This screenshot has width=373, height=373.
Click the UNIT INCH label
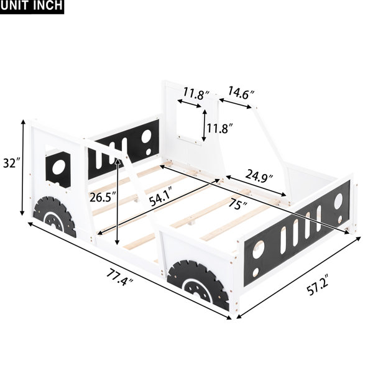coord(32,6)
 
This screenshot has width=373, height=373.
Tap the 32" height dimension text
coord(10,163)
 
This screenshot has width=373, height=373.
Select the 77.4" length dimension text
coord(119,277)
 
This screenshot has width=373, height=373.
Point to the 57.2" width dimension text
coord(317,285)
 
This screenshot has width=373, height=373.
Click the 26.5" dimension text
coord(103,197)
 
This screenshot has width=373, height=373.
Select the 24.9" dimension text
coord(259,175)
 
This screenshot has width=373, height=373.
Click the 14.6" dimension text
coord(242,93)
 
